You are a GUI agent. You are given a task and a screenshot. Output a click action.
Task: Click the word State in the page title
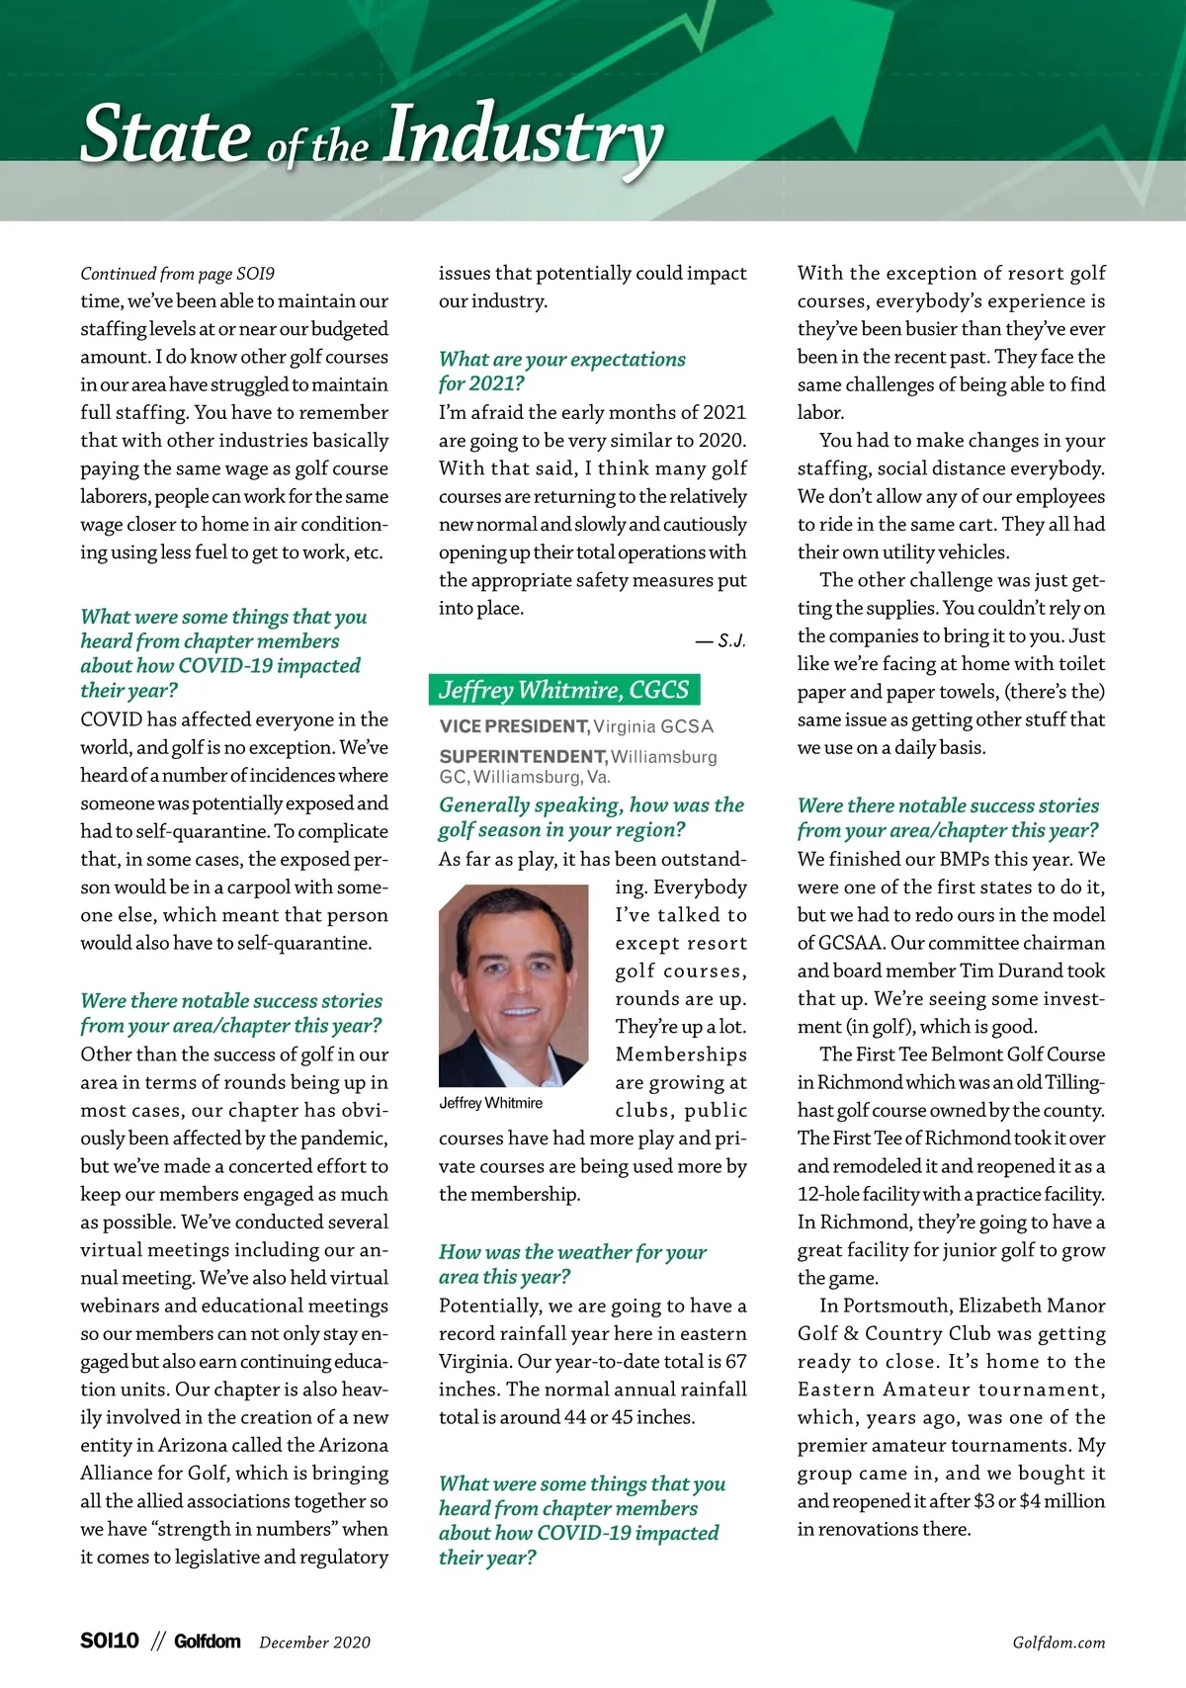(165, 134)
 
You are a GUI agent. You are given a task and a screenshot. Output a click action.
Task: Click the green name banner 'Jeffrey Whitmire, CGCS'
(563, 690)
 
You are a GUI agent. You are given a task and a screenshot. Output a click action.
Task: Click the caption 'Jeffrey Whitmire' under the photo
(490, 1103)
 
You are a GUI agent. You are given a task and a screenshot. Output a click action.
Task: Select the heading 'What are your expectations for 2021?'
(561, 371)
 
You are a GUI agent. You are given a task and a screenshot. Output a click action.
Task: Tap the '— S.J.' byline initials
(720, 641)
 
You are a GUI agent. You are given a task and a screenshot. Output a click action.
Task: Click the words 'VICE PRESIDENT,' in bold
(514, 726)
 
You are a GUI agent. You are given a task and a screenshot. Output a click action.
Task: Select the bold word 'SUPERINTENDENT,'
(523, 757)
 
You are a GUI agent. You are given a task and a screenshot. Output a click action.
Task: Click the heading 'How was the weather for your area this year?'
(572, 1264)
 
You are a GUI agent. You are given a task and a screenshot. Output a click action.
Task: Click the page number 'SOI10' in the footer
(110, 1642)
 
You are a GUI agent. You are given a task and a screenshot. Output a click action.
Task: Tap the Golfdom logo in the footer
(207, 1642)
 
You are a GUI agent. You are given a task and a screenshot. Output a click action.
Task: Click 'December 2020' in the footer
(314, 1643)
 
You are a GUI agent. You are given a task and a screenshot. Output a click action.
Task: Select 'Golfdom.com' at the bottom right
(1059, 1643)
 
